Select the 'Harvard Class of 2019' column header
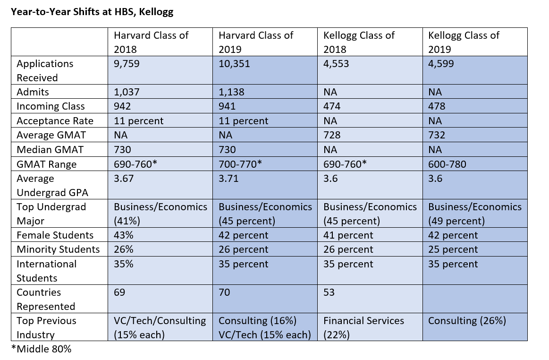click(256, 42)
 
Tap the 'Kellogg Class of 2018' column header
click(359, 42)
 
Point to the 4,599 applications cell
click(441, 63)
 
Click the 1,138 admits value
click(232, 92)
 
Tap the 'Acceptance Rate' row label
click(55, 121)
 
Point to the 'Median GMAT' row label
click(50, 150)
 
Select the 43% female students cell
click(123, 235)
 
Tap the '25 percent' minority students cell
click(453, 249)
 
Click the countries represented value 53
click(329, 292)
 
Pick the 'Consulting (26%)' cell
click(467, 321)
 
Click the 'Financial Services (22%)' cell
click(363, 327)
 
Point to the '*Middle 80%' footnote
click(41, 349)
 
